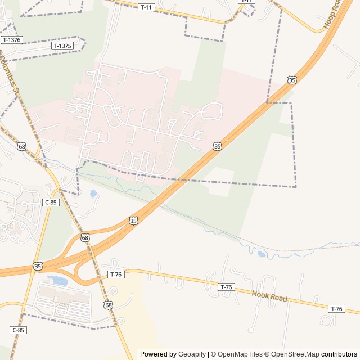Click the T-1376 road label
(x=11, y=40)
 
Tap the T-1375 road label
(x=62, y=46)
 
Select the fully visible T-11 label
(x=146, y=7)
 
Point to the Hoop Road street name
(x=332, y=15)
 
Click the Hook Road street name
(x=269, y=296)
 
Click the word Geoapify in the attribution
(x=192, y=354)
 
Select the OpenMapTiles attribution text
(x=240, y=354)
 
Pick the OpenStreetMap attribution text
(x=295, y=354)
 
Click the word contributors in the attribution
(x=339, y=354)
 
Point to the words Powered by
(x=158, y=354)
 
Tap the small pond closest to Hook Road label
(x=262, y=254)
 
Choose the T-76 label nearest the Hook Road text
(x=226, y=287)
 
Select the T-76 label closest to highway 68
(x=115, y=274)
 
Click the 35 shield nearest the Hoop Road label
(x=291, y=80)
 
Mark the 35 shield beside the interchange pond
(x=38, y=265)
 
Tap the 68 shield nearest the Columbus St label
(x=22, y=146)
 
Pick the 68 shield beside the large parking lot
(x=107, y=304)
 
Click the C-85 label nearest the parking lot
(x=18, y=330)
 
